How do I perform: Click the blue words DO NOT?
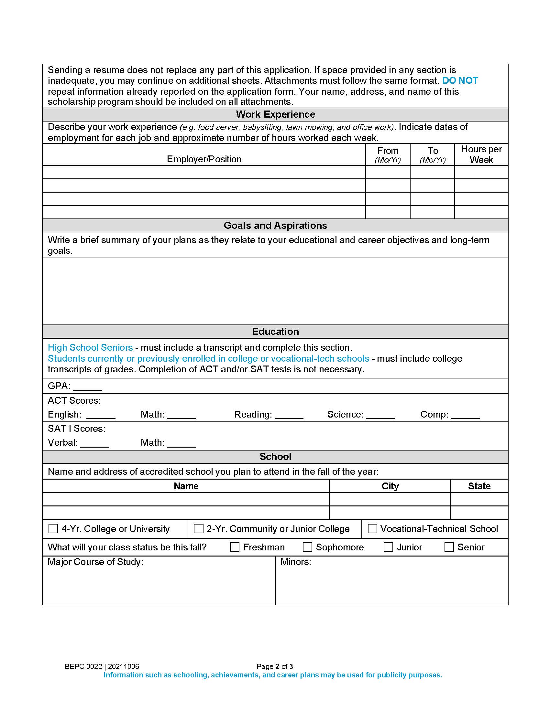(460, 80)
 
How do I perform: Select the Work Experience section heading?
(275, 114)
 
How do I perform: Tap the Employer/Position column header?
(204, 159)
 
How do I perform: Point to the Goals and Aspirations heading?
(275, 225)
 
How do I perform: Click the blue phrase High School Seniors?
(90, 347)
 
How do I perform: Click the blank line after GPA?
(87, 387)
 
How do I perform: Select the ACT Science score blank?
(380, 415)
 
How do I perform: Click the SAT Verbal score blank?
(94, 443)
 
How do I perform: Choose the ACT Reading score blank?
(289, 415)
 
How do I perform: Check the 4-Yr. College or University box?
(53, 528)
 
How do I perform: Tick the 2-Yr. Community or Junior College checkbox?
(198, 528)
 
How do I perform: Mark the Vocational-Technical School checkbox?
(372, 528)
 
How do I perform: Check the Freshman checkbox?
(235, 547)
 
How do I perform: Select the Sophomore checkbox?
(307, 547)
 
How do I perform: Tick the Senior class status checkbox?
(449, 547)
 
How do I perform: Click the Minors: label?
(295, 562)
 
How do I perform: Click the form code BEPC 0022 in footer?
(83, 666)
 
